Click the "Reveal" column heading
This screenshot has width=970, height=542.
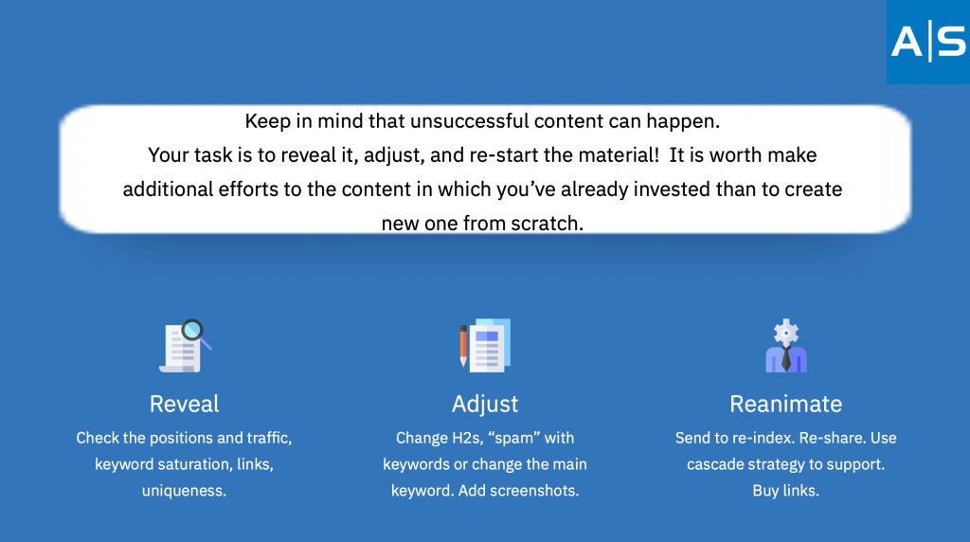pyautogui.click(x=185, y=404)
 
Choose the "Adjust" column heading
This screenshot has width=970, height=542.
pyautogui.click(x=485, y=405)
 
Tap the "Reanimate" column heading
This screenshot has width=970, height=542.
pyautogui.click(x=785, y=404)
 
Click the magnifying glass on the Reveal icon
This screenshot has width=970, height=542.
pyautogui.click(x=195, y=333)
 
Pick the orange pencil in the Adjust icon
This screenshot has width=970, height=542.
pyautogui.click(x=463, y=346)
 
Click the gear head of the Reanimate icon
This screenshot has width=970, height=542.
pyautogui.click(x=786, y=333)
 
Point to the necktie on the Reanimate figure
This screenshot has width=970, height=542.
pyautogui.click(x=786, y=358)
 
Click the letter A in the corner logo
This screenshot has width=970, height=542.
pyautogui.click(x=907, y=42)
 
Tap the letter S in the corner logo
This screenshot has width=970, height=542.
pyautogui.click(x=951, y=42)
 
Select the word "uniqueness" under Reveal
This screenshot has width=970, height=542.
pyautogui.click(x=183, y=491)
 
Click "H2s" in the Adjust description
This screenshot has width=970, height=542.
pyautogui.click(x=466, y=438)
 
